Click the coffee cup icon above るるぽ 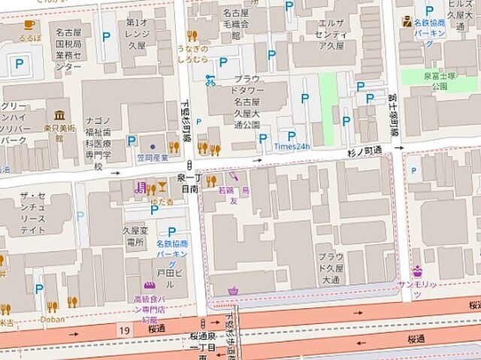point(29,24)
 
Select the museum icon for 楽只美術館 point(59,115)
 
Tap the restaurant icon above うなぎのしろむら point(192,35)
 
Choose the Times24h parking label point(292,146)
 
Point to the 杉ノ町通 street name point(365,151)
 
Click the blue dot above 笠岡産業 point(153,147)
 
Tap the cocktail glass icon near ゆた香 point(162,188)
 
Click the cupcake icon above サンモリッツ point(417,271)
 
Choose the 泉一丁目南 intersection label point(187,184)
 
